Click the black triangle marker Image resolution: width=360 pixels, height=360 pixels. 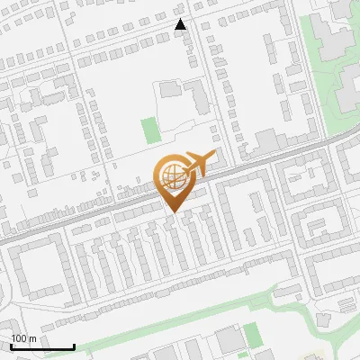(x=181, y=25)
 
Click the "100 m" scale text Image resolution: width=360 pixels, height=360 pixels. (x=23, y=339)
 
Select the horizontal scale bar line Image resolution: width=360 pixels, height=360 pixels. (x=42, y=347)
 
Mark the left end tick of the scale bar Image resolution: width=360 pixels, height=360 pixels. (x=11, y=346)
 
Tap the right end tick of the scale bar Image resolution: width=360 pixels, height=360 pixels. (x=74, y=346)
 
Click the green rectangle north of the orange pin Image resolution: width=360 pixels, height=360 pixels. (x=150, y=131)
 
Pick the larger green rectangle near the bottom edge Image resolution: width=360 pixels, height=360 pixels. (x=253, y=337)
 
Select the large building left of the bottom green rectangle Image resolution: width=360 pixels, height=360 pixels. (x=229, y=341)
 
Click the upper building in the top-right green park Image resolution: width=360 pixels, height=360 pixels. (x=335, y=36)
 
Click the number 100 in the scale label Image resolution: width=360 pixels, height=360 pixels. (x=18, y=339)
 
